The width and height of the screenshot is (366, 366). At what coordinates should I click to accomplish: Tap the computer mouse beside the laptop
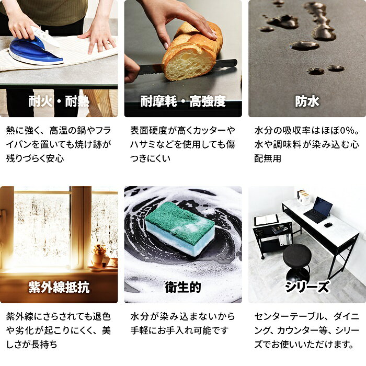pyautogui.click(x=328, y=225)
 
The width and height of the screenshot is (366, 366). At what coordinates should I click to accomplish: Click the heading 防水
pyautogui.click(x=307, y=101)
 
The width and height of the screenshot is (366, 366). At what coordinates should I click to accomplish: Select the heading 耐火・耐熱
pyautogui.click(x=59, y=101)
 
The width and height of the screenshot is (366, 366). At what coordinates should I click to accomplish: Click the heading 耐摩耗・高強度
pyautogui.click(x=183, y=101)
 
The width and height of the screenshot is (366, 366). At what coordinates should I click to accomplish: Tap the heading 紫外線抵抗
pyautogui.click(x=59, y=287)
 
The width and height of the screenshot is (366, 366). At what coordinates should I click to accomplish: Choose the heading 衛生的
pyautogui.click(x=183, y=287)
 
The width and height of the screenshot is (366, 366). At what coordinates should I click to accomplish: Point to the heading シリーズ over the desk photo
pyautogui.click(x=307, y=287)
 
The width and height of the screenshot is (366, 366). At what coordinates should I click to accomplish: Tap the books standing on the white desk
pyautogui.click(x=303, y=198)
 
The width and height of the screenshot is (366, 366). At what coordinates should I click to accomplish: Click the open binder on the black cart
pyautogui.click(x=266, y=220)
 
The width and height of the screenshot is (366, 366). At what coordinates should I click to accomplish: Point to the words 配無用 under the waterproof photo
pyautogui.click(x=268, y=159)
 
